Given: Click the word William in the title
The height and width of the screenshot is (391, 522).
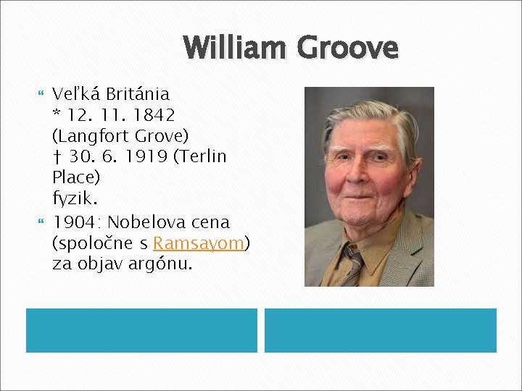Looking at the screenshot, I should [x=236, y=48].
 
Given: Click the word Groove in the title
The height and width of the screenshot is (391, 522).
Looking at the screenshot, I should [x=347, y=48].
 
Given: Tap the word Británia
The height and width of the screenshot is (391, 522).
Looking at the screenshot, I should [x=138, y=94].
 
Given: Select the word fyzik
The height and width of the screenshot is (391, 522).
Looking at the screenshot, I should [x=72, y=197].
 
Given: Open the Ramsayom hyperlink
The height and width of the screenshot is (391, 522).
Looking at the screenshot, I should [x=199, y=243].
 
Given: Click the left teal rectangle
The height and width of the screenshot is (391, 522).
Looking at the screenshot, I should [x=141, y=330].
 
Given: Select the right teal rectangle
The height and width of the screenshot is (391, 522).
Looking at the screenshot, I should [x=380, y=330].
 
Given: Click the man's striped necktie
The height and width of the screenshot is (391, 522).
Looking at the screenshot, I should [x=354, y=264].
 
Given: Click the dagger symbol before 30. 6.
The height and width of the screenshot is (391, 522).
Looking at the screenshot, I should [x=57, y=156].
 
